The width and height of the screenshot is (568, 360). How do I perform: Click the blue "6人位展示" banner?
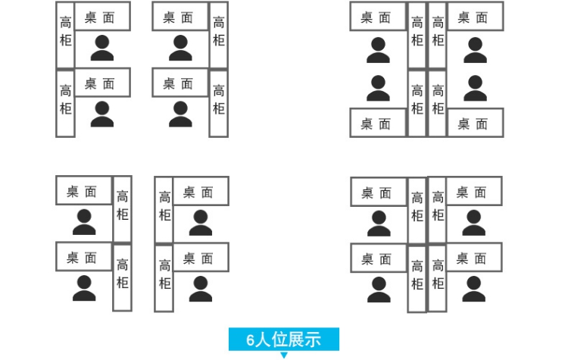point(284,340)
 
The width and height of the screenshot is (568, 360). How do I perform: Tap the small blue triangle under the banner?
point(284,355)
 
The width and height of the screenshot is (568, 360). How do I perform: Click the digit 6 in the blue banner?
point(251,340)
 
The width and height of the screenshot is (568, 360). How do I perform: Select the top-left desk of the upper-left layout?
point(102,17)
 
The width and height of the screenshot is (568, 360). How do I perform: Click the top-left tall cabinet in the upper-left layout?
point(66,33)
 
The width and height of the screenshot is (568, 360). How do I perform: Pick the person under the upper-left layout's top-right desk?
point(180,49)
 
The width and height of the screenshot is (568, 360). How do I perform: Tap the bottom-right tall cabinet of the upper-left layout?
point(218,103)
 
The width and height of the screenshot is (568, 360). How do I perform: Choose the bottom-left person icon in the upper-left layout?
point(102,114)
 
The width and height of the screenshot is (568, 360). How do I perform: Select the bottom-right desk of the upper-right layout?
point(476,123)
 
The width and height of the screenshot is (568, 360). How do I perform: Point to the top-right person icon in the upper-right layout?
point(476,49)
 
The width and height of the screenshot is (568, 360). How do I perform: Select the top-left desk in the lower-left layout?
point(83,191)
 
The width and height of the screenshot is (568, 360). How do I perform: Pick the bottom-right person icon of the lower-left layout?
point(200,289)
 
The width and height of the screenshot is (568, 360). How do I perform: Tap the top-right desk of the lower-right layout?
point(473,191)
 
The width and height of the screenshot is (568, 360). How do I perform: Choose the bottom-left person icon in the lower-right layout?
point(377,289)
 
